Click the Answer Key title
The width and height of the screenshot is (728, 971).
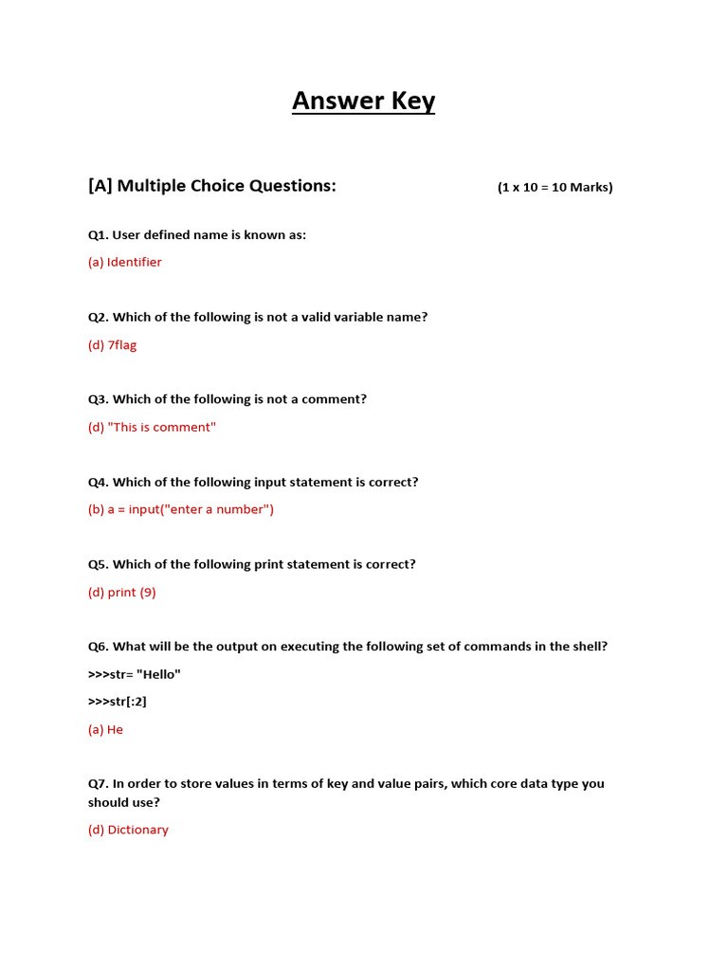click(363, 101)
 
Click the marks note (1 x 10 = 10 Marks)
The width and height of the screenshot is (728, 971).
click(555, 188)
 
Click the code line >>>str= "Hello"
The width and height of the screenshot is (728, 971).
click(134, 674)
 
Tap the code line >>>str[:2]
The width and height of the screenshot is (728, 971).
click(118, 702)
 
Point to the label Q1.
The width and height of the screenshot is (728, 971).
click(98, 235)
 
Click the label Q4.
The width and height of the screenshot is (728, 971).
click(98, 483)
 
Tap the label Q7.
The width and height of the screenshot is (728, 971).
click(98, 784)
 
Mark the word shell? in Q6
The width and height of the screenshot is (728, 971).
click(589, 647)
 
